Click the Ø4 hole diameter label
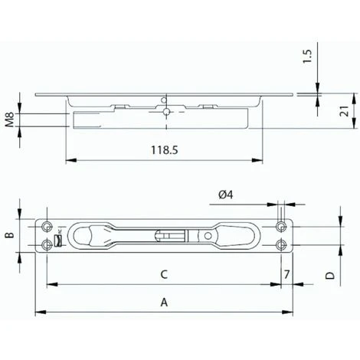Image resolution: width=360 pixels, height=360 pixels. (x=227, y=196)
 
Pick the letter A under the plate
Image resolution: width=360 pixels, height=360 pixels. (x=163, y=303)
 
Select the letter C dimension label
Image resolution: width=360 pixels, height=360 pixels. (x=163, y=274)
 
